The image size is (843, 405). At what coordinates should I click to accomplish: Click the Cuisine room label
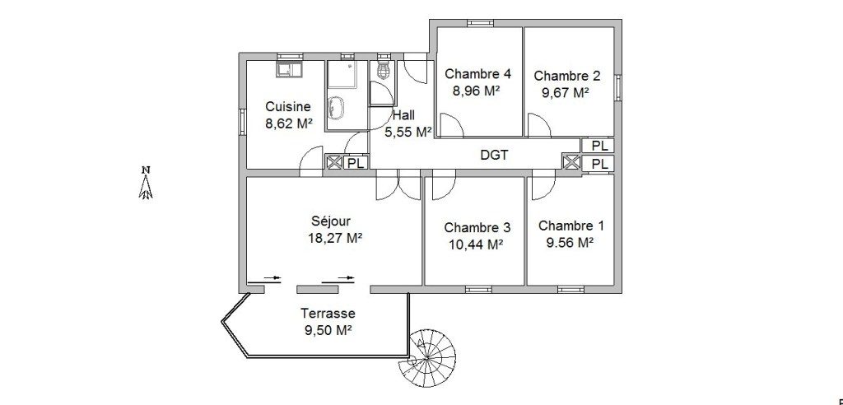pos(288,106)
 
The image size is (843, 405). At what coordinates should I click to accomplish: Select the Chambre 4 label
pos(477,73)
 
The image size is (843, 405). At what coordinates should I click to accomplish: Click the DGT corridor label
pos(494,156)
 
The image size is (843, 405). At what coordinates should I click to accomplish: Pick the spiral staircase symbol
pos(428,356)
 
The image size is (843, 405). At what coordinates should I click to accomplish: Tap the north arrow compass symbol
pos(146,182)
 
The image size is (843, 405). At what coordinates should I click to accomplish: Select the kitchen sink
pos(289,69)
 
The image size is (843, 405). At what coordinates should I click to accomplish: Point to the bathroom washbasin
pos(337,106)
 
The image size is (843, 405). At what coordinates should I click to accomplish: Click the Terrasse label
pos(328,313)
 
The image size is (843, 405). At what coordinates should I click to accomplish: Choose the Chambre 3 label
pos(477,227)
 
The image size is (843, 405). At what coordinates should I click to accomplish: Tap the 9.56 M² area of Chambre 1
pos(570,242)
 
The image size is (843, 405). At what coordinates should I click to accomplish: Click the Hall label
pos(403,115)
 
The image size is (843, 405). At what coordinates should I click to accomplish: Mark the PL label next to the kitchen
pos(356,162)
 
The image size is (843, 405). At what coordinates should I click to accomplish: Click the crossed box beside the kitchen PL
pos(334,162)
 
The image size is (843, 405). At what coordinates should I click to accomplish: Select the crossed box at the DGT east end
pos(571,161)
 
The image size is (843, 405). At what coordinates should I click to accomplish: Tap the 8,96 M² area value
pos(477,91)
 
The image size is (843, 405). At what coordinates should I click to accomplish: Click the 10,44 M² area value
pos(475,244)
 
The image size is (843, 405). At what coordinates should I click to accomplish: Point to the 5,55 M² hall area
pos(408,131)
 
